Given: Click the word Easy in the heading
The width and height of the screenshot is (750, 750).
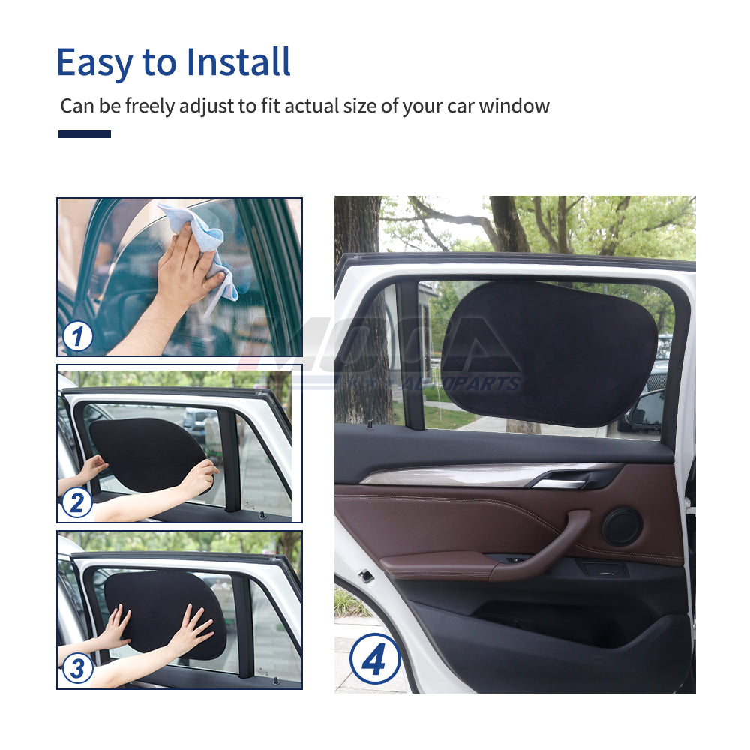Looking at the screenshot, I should pos(93,62).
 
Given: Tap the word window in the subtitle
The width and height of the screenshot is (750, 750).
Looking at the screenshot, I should pos(514,106).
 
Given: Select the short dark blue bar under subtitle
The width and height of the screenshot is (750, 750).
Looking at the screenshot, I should pos(85,134).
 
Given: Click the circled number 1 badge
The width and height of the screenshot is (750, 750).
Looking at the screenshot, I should pos(78,335).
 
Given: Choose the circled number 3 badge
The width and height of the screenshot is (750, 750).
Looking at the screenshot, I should pos(77,668).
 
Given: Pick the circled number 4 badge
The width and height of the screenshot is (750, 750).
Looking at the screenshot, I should pos(374,658).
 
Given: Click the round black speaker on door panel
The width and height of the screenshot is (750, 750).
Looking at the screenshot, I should pos(622,526).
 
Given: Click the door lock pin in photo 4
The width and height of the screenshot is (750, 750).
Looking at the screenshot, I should pos(369,424).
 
